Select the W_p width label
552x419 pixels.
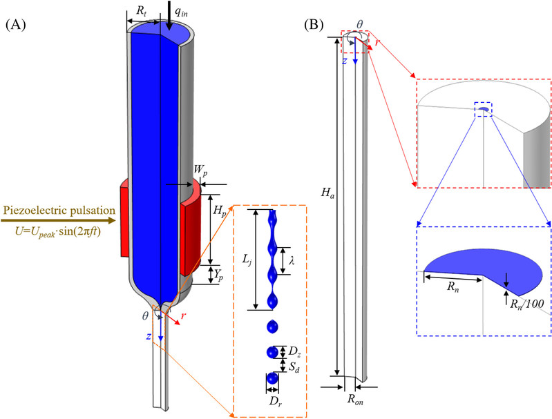(196, 174)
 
